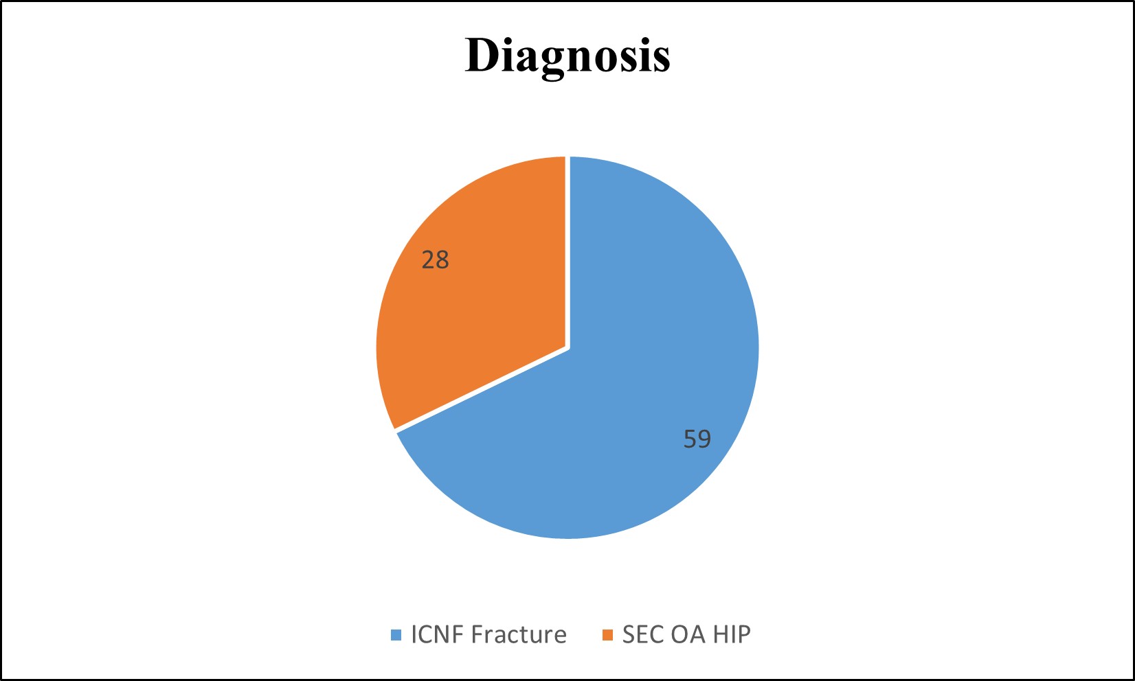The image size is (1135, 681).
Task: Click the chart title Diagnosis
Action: click(567, 57)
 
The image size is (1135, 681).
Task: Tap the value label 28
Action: click(436, 259)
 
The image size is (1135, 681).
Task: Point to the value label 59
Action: click(697, 439)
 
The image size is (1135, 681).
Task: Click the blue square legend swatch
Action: click(396, 635)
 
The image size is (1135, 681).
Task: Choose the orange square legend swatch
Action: click(607, 635)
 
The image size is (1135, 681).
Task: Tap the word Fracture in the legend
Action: click(519, 635)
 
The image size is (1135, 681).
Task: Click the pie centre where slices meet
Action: click(567, 348)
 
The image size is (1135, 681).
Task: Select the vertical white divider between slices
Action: click(567, 252)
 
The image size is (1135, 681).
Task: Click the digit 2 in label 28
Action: click(428, 259)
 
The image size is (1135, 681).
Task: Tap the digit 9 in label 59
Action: click(704, 439)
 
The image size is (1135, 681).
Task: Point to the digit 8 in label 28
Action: click(442, 259)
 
